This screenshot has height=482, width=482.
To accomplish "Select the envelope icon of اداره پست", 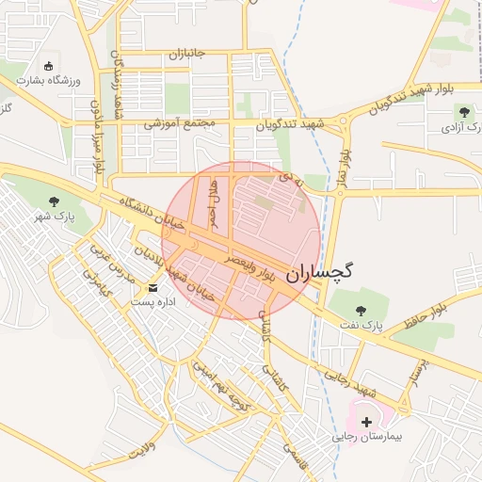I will click(153, 287).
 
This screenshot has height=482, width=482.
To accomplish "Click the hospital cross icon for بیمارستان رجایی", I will click(366, 422).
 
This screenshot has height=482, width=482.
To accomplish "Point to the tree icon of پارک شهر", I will click(54, 201).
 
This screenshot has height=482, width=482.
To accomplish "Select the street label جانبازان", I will click(193, 55).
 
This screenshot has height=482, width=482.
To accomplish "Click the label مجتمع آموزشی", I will click(180, 123).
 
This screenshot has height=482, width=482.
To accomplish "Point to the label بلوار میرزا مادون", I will click(96, 141).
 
